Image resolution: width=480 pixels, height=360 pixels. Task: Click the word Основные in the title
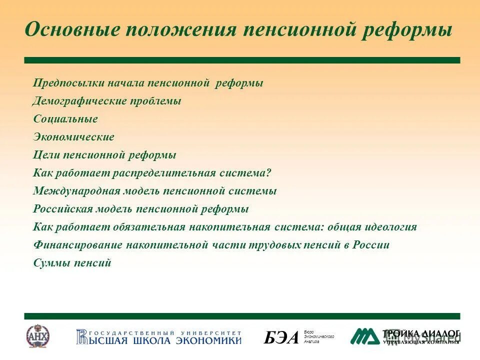click(x=72, y=30)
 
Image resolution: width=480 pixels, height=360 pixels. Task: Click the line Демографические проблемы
click(x=107, y=101)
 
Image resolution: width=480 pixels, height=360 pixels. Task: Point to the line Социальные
click(x=65, y=119)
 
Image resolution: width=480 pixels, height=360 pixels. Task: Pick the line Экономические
click(x=74, y=137)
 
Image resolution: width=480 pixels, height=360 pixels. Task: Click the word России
click(x=370, y=245)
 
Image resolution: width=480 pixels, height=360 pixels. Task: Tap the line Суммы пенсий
click(x=72, y=263)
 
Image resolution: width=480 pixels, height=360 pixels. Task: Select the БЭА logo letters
click(x=281, y=338)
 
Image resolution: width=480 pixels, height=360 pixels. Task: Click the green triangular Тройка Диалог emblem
click(x=364, y=336)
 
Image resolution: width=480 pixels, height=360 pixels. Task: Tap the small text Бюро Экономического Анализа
click(x=318, y=336)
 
